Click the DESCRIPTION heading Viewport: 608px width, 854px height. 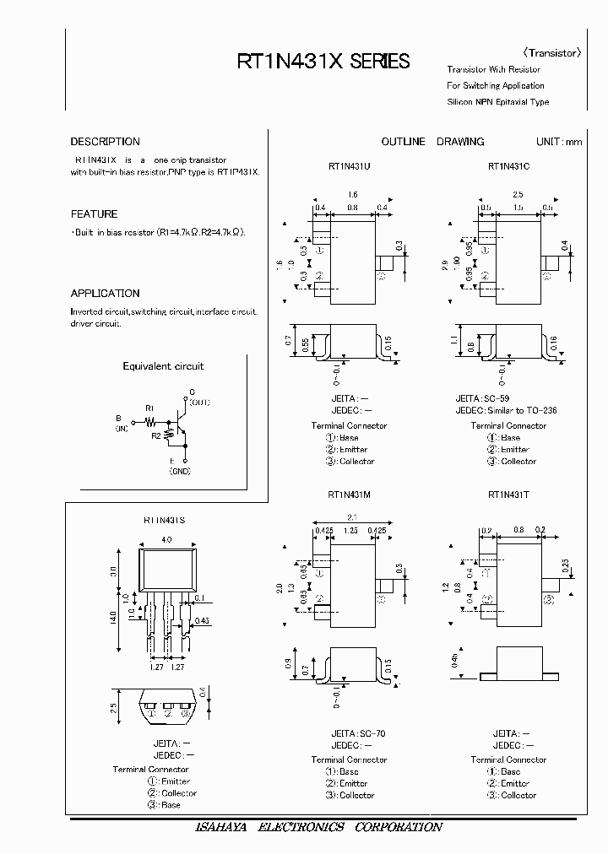[105, 142]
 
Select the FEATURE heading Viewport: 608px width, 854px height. [94, 214]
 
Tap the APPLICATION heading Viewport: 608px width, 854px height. [105, 294]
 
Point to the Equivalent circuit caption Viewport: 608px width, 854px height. [163, 366]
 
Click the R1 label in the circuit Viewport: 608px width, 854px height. [149, 408]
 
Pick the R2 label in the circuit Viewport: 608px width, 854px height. [156, 435]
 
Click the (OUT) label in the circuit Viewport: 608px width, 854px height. [198, 403]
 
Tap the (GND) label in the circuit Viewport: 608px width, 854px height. [180, 472]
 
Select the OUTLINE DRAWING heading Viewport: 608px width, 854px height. [432, 142]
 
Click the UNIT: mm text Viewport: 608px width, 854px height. [558, 142]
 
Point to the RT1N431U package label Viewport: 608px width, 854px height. [349, 166]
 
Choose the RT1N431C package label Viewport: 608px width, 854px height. [508, 166]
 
